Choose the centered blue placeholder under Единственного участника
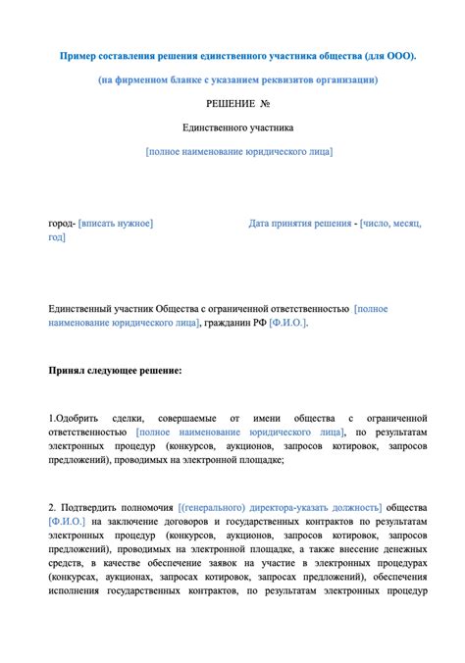(238, 151)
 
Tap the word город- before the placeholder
(63, 224)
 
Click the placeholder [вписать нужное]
(116, 224)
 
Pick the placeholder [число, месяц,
(391, 224)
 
